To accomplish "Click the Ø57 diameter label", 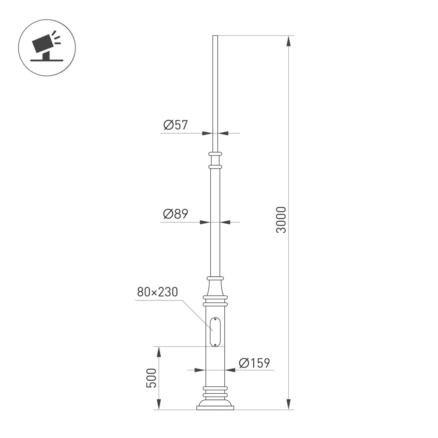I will point(175,126).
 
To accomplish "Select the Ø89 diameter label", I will point(175,214).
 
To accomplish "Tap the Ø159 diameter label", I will point(254,363).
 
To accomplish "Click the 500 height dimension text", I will point(151,378).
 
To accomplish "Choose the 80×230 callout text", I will point(157,293).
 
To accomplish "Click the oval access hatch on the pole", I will point(215,332).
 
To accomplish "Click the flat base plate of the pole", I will point(215,408).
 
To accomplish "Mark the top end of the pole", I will point(215,36).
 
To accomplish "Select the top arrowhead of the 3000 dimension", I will point(288,40).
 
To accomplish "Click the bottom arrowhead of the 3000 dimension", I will point(288,405).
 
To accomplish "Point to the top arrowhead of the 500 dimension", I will point(159,351).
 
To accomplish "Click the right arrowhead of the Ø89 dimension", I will point(225,223).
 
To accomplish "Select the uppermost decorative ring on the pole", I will point(215,154).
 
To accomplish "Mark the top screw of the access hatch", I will point(215,320).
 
